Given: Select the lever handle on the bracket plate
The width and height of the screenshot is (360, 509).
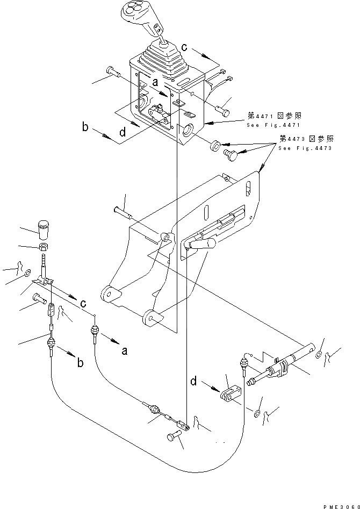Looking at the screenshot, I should coord(200,245).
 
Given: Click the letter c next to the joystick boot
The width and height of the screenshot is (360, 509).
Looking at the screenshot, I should coord(184,48).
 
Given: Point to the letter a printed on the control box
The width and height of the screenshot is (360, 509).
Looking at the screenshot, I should coord(154,83).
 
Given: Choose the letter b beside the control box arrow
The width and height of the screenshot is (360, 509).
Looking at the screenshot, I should coord(85,127).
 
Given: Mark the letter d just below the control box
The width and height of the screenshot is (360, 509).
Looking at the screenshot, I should coord(123,132).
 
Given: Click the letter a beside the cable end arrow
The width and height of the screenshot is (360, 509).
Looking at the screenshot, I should coord(124,350).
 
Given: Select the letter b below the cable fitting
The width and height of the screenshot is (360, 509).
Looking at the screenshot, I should coord(80,364).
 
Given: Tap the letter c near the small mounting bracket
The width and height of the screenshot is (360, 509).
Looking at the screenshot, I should coord(83,304).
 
